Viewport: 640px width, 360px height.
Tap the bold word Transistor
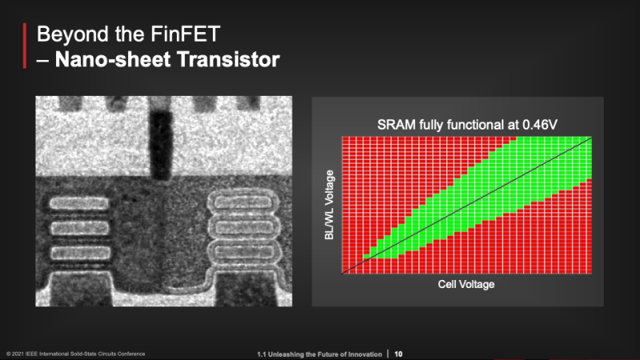point(229,59)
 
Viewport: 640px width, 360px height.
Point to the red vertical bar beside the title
point(25,46)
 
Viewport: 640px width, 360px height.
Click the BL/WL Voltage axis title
point(329,205)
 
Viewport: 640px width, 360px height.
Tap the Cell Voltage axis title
point(466,284)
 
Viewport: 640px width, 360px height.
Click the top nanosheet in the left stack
point(79,203)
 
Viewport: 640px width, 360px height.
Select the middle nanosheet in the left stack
point(79,228)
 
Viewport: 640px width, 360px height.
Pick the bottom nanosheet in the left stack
point(81,253)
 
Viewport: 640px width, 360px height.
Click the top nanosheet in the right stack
point(243,202)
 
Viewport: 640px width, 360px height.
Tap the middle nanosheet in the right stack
point(244,227)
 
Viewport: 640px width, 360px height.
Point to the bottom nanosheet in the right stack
point(245,251)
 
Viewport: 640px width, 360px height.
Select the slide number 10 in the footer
point(398,354)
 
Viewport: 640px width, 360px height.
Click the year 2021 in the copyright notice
point(18,354)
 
